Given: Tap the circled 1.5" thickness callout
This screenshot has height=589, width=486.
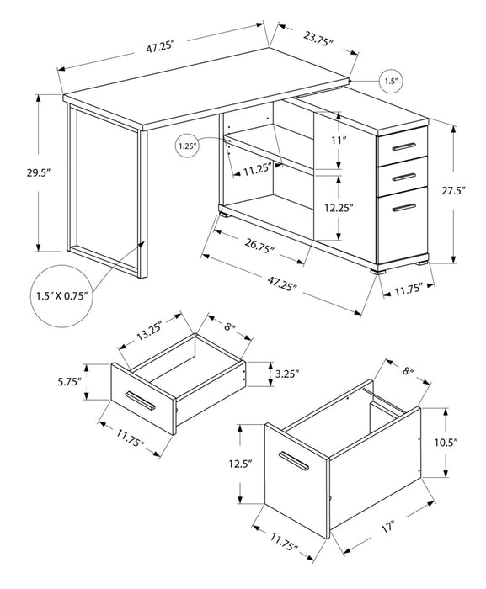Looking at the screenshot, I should tap(390, 82).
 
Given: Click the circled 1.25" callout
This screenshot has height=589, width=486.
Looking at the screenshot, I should tap(187, 146).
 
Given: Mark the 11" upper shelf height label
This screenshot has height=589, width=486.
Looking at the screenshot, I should tap(339, 140).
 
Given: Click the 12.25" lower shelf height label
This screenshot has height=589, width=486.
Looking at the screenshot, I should tap(339, 204).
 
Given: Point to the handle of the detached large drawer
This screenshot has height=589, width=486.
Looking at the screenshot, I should tap(294, 461).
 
